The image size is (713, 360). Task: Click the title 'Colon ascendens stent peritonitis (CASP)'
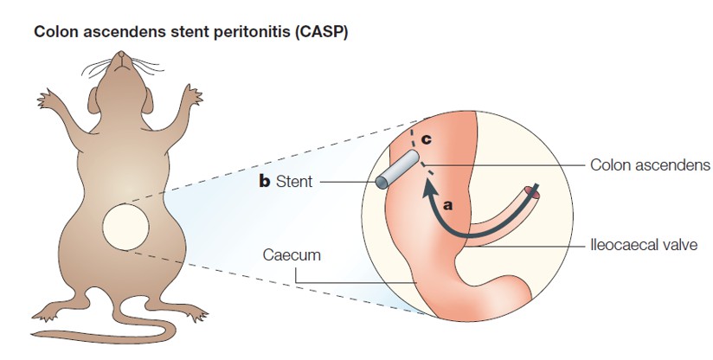pos(191,32)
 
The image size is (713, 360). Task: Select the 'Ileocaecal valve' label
pos(646,245)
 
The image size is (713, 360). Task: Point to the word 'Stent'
pos(295,183)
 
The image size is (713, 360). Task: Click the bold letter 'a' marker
pos(448,205)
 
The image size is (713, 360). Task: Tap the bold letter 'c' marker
pos(427,138)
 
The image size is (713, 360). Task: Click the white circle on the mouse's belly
pos(126,228)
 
